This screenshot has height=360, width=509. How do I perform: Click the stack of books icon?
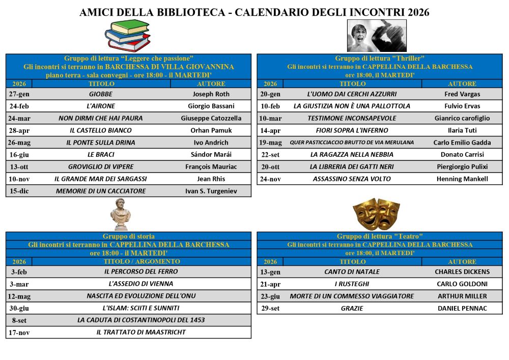[128, 36]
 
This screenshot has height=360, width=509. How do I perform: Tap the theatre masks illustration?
[377, 214]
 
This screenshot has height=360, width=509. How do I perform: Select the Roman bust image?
[121, 214]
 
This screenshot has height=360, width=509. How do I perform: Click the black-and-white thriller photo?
[377, 36]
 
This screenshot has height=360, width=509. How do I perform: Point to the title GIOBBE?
[101, 94]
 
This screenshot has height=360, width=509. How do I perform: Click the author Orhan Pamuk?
[211, 131]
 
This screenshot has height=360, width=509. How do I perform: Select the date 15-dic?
[19, 191]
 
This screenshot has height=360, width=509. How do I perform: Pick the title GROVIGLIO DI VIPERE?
[101, 167]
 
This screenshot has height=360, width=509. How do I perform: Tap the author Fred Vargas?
[462, 94]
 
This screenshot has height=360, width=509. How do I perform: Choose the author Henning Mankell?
[462, 179]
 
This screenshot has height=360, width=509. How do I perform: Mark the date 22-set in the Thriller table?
[270, 155]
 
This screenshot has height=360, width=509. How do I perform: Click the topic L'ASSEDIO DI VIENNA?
[141, 284]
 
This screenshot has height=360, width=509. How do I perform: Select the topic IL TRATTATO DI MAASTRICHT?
[141, 333]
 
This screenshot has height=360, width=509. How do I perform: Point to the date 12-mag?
[19, 296]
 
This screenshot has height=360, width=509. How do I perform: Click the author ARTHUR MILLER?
[462, 296]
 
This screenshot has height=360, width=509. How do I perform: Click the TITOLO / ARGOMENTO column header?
[141, 262]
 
